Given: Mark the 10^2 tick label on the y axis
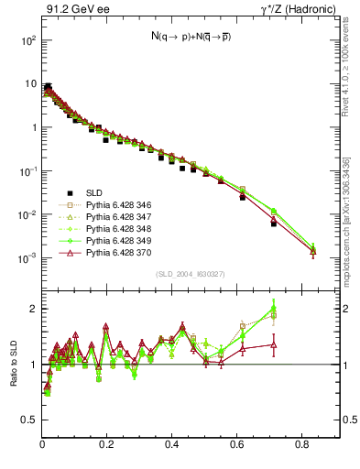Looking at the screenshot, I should point(28,41).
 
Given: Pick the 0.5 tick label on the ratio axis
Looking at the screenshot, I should point(30,420).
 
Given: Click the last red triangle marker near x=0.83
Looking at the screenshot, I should point(313,250).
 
